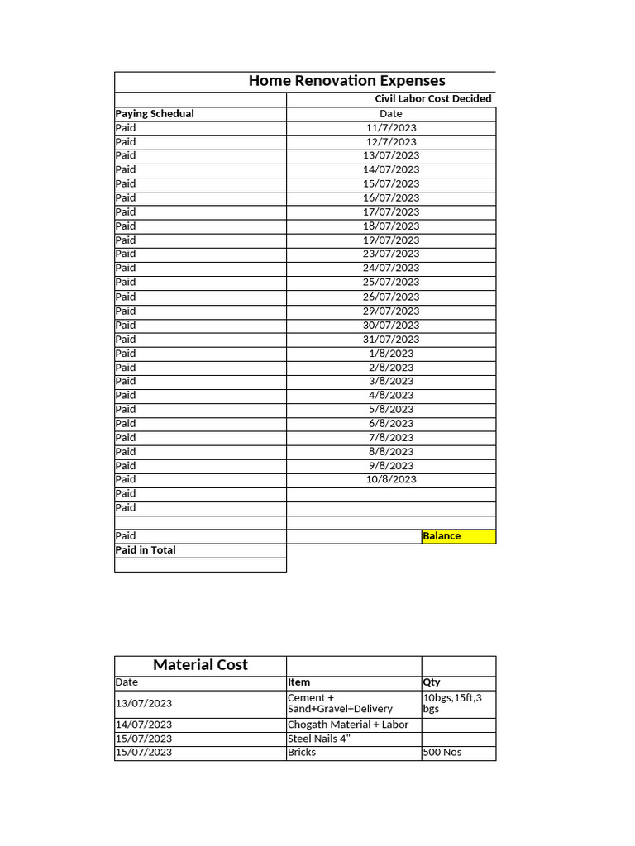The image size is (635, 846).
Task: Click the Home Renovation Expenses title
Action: [x=346, y=80]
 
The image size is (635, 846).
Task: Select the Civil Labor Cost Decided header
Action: [x=432, y=99]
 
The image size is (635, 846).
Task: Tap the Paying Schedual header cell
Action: [x=155, y=114]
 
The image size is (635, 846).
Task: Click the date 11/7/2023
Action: [x=391, y=128]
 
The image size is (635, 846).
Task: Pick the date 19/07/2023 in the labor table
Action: [x=391, y=240]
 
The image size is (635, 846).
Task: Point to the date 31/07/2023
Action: [x=391, y=339]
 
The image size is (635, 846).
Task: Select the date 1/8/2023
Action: [x=391, y=353]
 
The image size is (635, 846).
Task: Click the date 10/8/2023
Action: [x=391, y=479]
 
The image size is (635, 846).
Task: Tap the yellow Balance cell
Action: [x=458, y=536]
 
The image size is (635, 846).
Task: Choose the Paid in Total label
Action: [x=146, y=550]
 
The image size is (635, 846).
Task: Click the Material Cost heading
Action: [x=200, y=665]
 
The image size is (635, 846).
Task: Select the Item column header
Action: [x=299, y=682]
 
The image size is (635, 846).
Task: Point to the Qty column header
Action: [x=432, y=682]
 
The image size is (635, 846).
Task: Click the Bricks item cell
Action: [x=302, y=753]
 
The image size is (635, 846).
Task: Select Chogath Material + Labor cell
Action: [x=348, y=725]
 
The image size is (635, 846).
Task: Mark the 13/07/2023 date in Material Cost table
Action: [x=144, y=703]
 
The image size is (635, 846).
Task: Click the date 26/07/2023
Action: [x=391, y=297]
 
